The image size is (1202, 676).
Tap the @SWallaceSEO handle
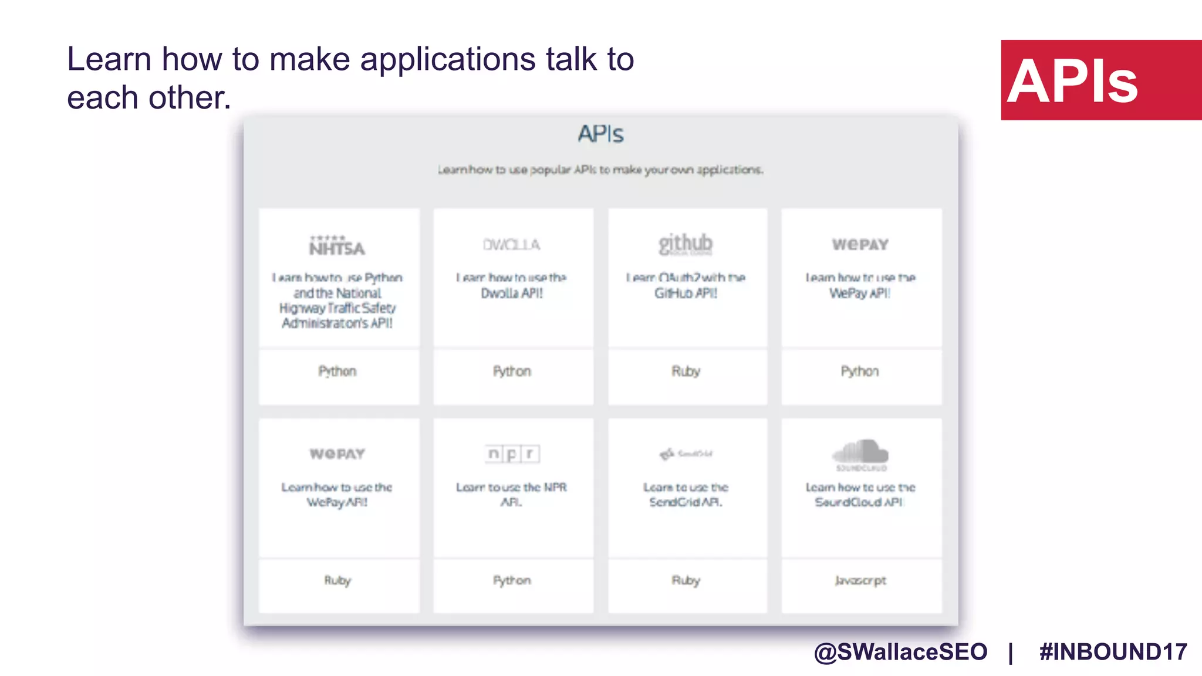900,652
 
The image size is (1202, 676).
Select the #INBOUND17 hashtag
1113,652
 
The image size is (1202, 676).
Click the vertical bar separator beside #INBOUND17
1011,653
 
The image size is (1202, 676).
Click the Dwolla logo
511,245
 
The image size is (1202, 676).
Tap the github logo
686,244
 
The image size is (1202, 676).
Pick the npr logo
512,454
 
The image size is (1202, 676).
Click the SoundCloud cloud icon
860,452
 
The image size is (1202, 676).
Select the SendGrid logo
686,454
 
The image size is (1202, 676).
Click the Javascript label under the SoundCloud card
860,580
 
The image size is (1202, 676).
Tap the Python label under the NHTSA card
337,371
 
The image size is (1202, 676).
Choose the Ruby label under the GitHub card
686,371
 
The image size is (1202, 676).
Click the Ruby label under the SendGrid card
686,580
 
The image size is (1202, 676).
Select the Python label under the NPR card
512,580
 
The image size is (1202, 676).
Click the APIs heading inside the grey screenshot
600,134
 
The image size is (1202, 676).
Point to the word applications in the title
447,60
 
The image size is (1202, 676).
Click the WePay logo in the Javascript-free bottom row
337,454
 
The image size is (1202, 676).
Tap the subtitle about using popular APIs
600,170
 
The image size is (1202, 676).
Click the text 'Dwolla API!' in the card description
512,293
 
